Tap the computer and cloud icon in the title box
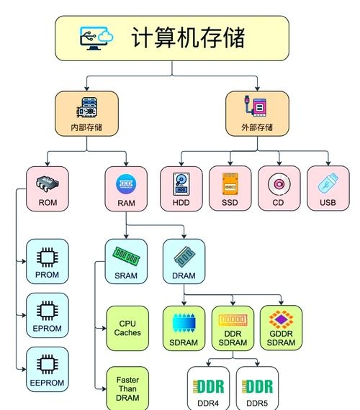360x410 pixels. coord(97,37)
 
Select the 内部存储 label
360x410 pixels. coord(86,128)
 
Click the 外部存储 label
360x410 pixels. coord(258,128)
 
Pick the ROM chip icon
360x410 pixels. coord(48,183)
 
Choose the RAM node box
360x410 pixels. coord(126,190)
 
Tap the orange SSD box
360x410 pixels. coord(230,190)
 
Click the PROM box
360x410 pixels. coord(48,263)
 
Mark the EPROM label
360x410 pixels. coord(48,329)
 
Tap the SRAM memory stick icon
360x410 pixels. coord(126,255)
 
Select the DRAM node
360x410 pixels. coord(184,262)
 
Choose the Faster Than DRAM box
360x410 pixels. coord(127,388)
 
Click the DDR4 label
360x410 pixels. coord(208,404)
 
